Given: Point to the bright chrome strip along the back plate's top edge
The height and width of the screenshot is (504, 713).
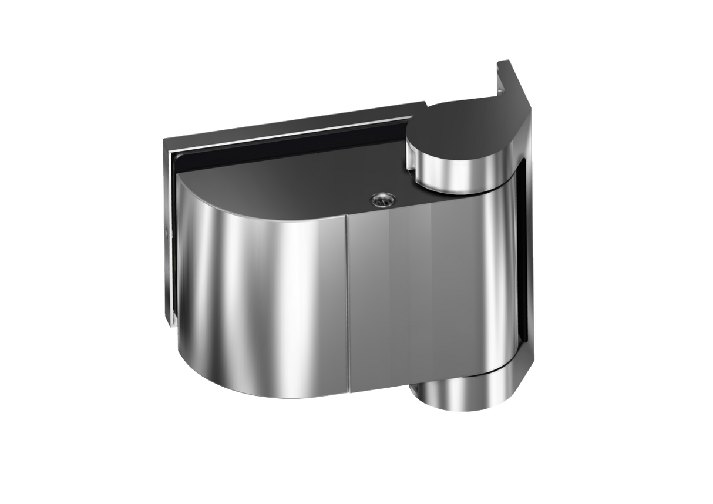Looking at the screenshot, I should tap(294, 125).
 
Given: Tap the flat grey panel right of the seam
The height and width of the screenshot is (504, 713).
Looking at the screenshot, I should tap(399, 294).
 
